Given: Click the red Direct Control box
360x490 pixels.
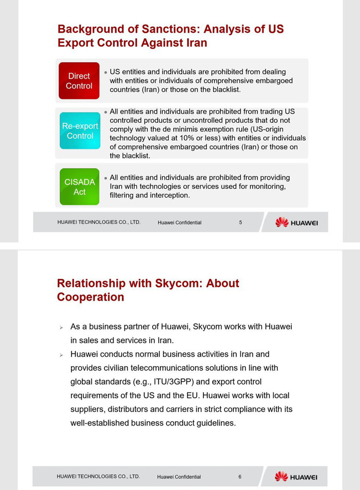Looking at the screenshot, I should (79, 81).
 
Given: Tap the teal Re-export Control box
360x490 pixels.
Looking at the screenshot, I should (80, 131).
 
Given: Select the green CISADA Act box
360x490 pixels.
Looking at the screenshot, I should (80, 187).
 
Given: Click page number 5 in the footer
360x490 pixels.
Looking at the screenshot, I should (241, 222).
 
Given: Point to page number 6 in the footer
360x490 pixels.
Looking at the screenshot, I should (239, 476).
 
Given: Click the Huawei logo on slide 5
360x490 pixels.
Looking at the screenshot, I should (296, 222).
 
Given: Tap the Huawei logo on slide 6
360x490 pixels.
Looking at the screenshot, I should (296, 476).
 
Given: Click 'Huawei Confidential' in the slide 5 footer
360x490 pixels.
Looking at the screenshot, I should (179, 223).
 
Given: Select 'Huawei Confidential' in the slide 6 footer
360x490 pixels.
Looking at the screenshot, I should (179, 477).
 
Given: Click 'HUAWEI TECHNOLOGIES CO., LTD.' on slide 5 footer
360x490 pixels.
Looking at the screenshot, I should (99, 222).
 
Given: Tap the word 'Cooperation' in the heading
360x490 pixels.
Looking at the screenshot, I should (91, 297).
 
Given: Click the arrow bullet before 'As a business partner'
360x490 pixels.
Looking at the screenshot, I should (62, 327).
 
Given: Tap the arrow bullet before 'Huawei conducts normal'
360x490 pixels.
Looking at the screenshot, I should (62, 355).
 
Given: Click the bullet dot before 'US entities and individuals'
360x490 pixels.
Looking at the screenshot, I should (105, 72).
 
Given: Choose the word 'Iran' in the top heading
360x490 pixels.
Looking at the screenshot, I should (195, 43).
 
